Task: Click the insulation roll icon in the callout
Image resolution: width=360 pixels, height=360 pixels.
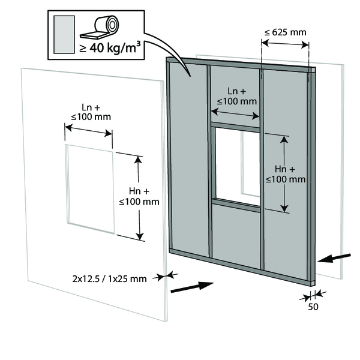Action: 100,27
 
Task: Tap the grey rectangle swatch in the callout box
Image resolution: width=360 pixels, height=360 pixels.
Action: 64,34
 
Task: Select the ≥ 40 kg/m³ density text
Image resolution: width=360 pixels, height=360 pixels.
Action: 110,47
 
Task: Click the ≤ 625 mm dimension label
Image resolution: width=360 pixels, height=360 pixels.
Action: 285,32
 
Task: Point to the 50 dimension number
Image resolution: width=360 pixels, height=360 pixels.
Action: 313,307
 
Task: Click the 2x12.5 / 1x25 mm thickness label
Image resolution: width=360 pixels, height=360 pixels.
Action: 109,279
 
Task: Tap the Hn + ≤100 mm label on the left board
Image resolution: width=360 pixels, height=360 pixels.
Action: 139,196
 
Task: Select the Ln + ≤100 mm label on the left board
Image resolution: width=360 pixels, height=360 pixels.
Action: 91,112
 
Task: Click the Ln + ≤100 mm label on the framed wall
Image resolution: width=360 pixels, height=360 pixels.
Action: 237,96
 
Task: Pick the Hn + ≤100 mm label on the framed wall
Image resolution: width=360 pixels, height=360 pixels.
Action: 286,174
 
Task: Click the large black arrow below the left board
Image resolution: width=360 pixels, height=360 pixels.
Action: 193,287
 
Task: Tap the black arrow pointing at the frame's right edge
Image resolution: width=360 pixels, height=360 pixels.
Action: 334,258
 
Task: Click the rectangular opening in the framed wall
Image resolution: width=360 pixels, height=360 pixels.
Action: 238,166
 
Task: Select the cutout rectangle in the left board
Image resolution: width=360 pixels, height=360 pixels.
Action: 90,189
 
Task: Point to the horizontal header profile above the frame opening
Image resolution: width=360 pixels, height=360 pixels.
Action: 235,127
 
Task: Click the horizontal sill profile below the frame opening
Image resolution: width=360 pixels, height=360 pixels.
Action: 236,205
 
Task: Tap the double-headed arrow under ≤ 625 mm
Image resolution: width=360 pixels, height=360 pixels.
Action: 285,44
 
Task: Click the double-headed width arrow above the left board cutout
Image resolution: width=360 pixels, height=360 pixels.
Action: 88,130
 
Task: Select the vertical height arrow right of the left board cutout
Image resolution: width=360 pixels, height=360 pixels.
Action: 139,198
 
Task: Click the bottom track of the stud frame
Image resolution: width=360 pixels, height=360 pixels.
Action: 241,266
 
